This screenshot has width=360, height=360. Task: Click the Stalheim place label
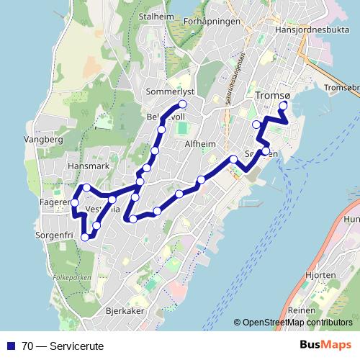[x=160, y=15]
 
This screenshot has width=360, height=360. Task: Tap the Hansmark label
[x=68, y=166]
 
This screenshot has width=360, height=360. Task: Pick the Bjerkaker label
[x=125, y=311]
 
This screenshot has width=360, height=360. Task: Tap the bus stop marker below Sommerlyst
[x=182, y=104]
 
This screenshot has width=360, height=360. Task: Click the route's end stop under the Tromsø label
[x=283, y=106]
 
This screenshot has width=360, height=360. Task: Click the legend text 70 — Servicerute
[x=63, y=346]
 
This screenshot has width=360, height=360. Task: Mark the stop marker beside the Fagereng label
[x=75, y=204]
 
